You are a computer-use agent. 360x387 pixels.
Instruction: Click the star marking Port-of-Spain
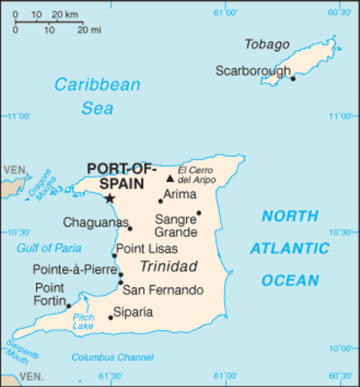[x=110, y=198]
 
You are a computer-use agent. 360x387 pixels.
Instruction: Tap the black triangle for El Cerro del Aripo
[x=170, y=179]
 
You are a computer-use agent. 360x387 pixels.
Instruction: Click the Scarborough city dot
[x=292, y=78]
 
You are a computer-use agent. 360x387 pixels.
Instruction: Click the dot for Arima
[x=159, y=201]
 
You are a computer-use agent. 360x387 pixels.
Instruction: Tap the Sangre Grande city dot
[x=199, y=213]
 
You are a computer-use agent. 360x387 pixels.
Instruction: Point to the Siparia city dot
[x=110, y=317]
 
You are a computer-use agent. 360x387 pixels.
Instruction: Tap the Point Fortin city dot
[x=69, y=306]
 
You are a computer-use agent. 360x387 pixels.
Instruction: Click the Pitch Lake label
[x=84, y=322]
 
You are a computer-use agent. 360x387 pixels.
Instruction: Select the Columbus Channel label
[x=112, y=357]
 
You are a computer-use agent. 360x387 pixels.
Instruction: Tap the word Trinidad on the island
[x=168, y=267]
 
